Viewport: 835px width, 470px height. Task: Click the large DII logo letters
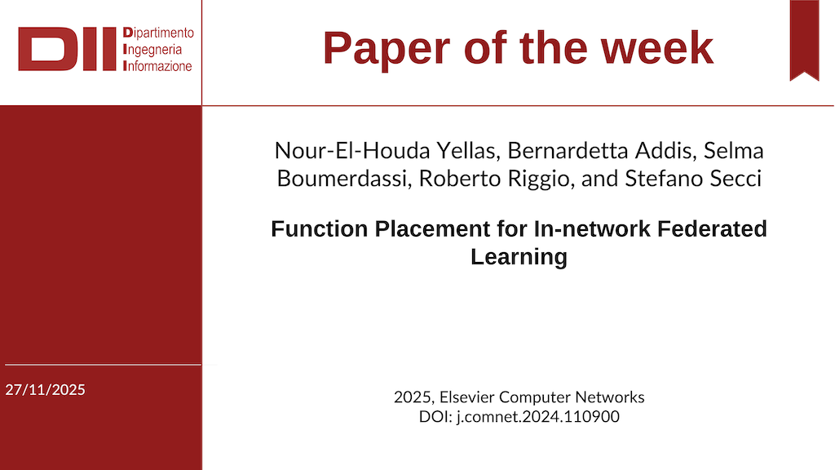click(x=67, y=49)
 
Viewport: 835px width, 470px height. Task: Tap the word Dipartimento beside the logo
click(x=158, y=33)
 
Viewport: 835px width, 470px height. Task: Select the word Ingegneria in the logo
click(x=152, y=50)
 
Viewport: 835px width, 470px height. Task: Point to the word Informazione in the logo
click(x=157, y=66)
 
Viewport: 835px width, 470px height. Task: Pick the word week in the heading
click(x=657, y=48)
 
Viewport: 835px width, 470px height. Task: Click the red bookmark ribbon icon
click(x=804, y=41)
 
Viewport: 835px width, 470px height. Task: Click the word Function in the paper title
click(x=320, y=229)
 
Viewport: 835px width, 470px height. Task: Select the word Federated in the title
click(x=712, y=229)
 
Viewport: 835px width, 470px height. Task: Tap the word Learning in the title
click(x=519, y=257)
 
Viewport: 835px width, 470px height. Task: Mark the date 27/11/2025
click(x=46, y=390)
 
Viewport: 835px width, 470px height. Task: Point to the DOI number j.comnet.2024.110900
click(x=538, y=417)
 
